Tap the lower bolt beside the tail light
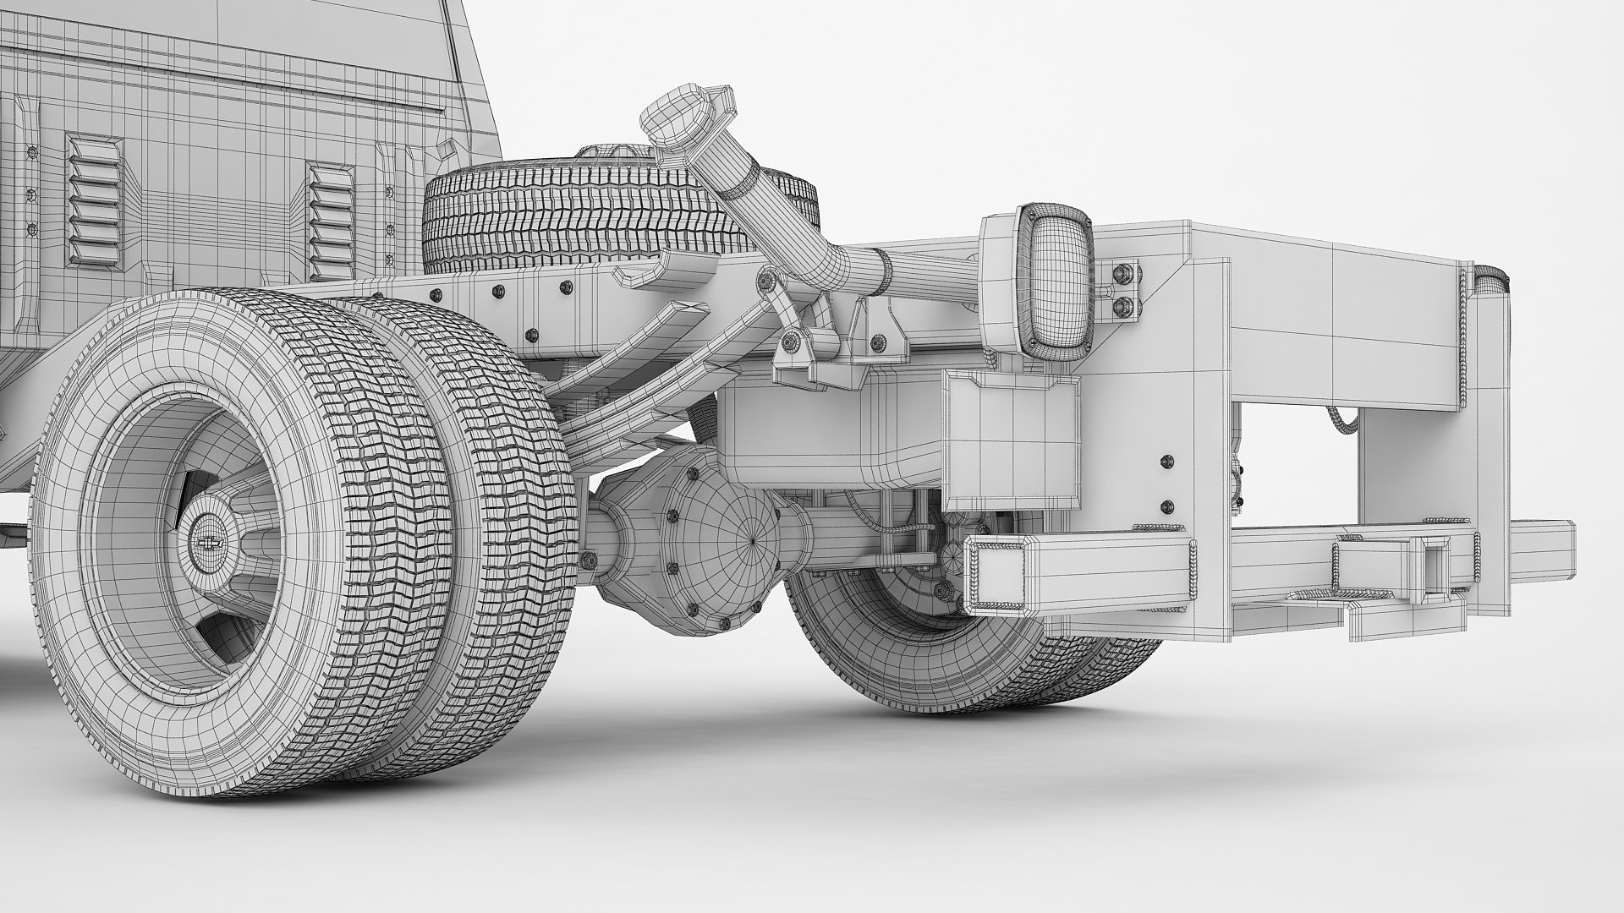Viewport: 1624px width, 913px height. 1125,304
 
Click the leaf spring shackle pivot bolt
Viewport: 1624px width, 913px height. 793,341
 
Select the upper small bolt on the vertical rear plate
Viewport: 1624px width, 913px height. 1167,462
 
